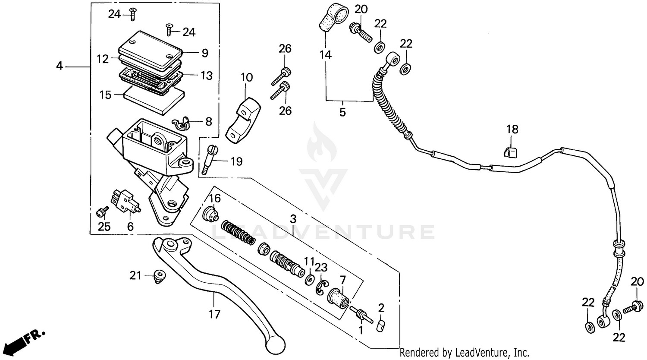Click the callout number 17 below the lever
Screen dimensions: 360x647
pyautogui.click(x=214, y=314)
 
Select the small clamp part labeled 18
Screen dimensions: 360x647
pyautogui.click(x=510, y=152)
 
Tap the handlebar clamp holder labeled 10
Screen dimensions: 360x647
pyautogui.click(x=244, y=120)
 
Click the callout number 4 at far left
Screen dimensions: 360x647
pyautogui.click(x=60, y=66)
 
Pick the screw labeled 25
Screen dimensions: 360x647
pyautogui.click(x=102, y=212)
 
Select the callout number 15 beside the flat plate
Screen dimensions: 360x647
pyautogui.click(x=106, y=95)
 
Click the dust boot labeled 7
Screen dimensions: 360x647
pyautogui.click(x=338, y=298)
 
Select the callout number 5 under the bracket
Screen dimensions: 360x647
pyautogui.click(x=342, y=112)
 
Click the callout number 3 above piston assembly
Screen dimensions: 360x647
pyautogui.click(x=293, y=219)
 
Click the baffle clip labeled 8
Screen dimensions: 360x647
pyautogui.click(x=182, y=123)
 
